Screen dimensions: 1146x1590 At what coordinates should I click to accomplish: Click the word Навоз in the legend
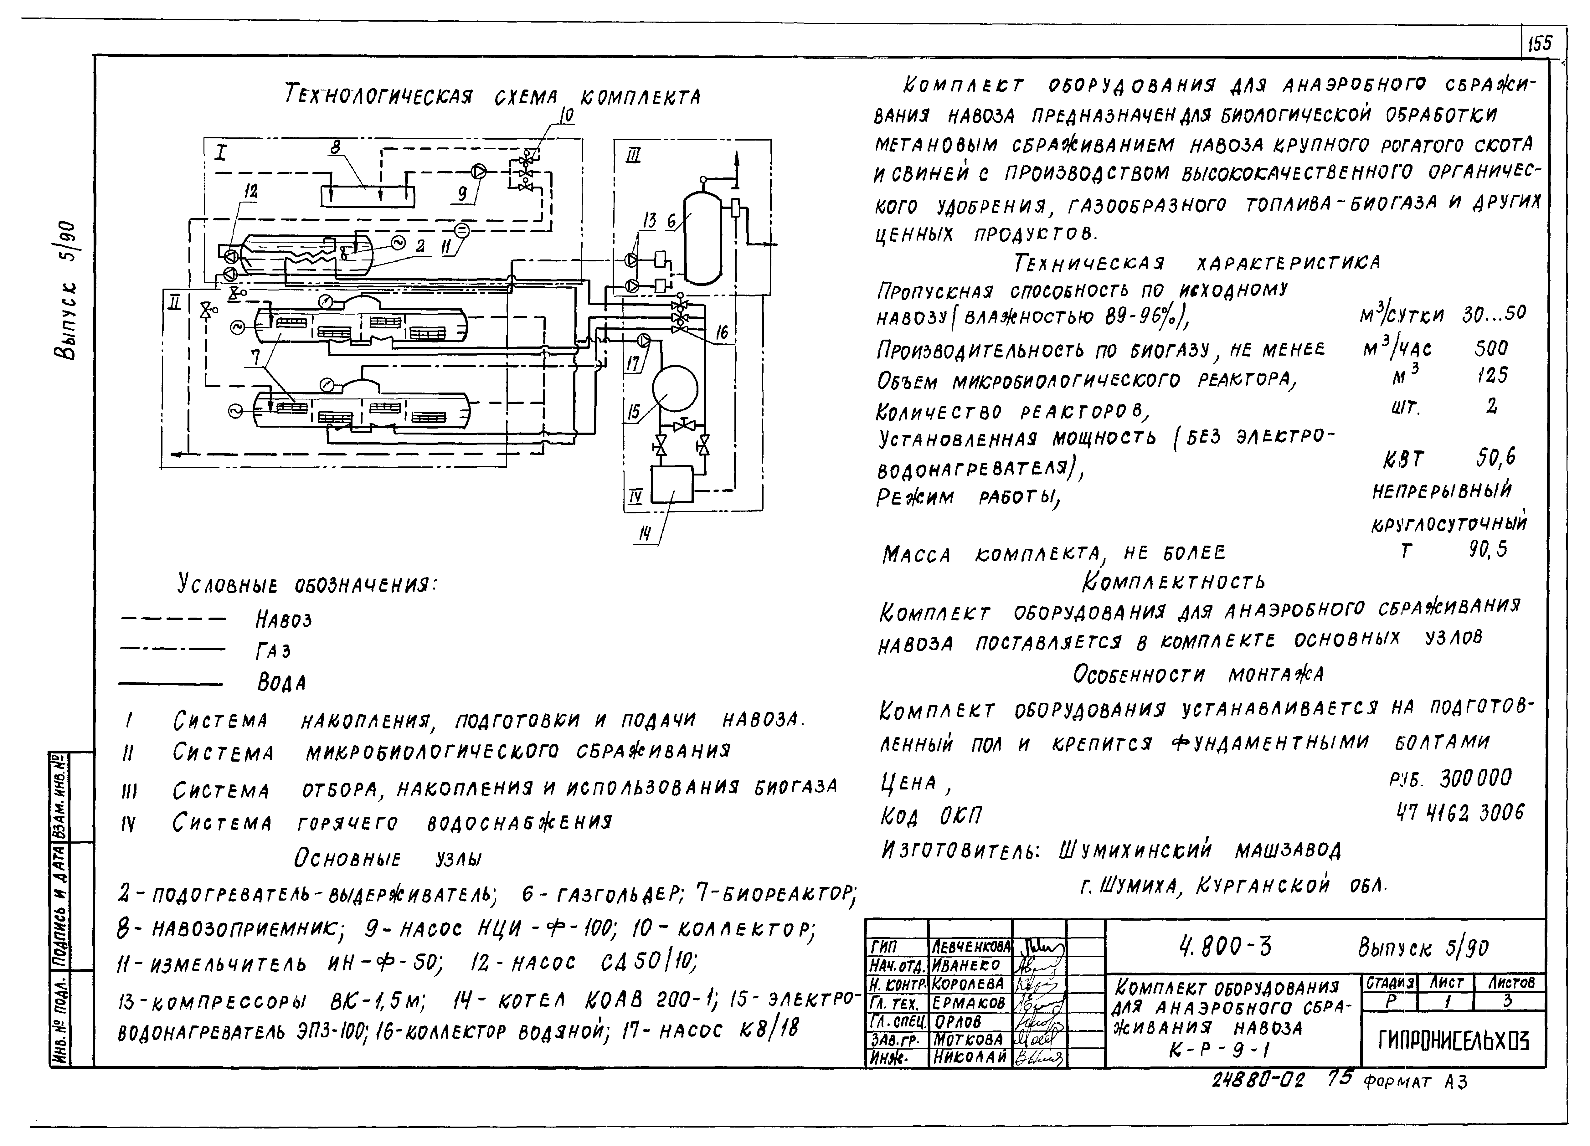pyautogui.click(x=283, y=619)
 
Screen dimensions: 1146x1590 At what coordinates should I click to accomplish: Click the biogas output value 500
pyautogui.click(x=1490, y=348)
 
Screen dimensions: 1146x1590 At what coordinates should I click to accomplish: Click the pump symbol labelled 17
pyautogui.click(x=644, y=341)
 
